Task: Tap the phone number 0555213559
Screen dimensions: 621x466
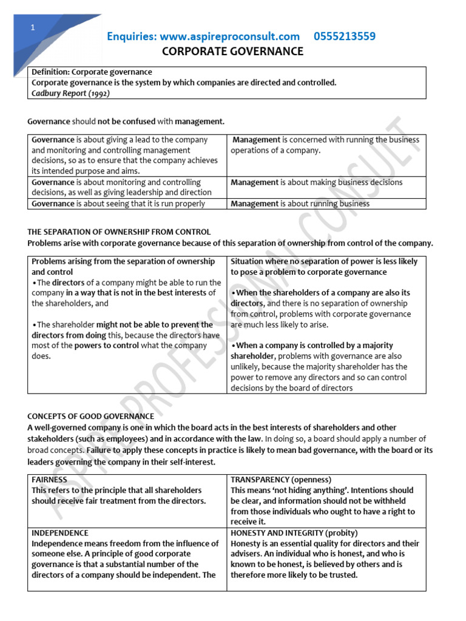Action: (344, 36)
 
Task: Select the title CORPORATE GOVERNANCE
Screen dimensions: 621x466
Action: (233, 52)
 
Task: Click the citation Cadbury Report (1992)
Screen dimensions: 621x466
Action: (70, 93)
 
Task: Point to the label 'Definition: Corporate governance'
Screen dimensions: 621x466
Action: (92, 72)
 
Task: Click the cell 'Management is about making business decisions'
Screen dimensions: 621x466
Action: (316, 182)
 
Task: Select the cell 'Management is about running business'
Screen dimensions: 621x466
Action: (300, 204)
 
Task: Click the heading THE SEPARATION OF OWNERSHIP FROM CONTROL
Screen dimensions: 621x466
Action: (119, 232)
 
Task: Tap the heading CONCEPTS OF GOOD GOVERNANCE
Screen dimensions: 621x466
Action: (90, 416)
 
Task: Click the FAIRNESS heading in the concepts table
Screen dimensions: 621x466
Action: (49, 479)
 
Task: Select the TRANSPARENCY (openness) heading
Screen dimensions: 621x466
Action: (280, 479)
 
